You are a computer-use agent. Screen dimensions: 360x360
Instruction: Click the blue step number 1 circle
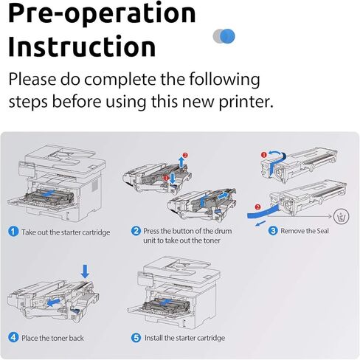coord(13,232)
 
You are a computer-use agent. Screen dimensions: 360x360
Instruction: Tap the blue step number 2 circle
coord(136,231)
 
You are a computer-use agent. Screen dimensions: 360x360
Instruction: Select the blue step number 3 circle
coord(273,231)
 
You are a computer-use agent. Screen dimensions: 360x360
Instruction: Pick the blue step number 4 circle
coord(13,337)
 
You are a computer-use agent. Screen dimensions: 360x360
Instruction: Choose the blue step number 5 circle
coord(136,338)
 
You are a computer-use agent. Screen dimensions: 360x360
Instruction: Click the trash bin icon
coord(342,217)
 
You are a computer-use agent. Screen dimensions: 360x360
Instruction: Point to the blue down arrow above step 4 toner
coord(85,271)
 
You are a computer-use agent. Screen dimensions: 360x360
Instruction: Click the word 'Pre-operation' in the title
coord(102,13)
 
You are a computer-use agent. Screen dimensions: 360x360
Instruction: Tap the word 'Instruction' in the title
coord(82,46)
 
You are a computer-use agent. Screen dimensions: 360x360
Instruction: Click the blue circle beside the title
coord(227,36)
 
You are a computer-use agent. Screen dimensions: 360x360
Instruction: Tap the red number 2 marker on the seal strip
coord(257,207)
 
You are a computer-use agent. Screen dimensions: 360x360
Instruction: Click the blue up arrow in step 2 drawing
coord(181,162)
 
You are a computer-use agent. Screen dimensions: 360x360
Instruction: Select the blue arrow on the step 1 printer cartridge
coord(49,193)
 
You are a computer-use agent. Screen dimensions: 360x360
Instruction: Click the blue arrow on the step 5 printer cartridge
coord(165,302)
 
